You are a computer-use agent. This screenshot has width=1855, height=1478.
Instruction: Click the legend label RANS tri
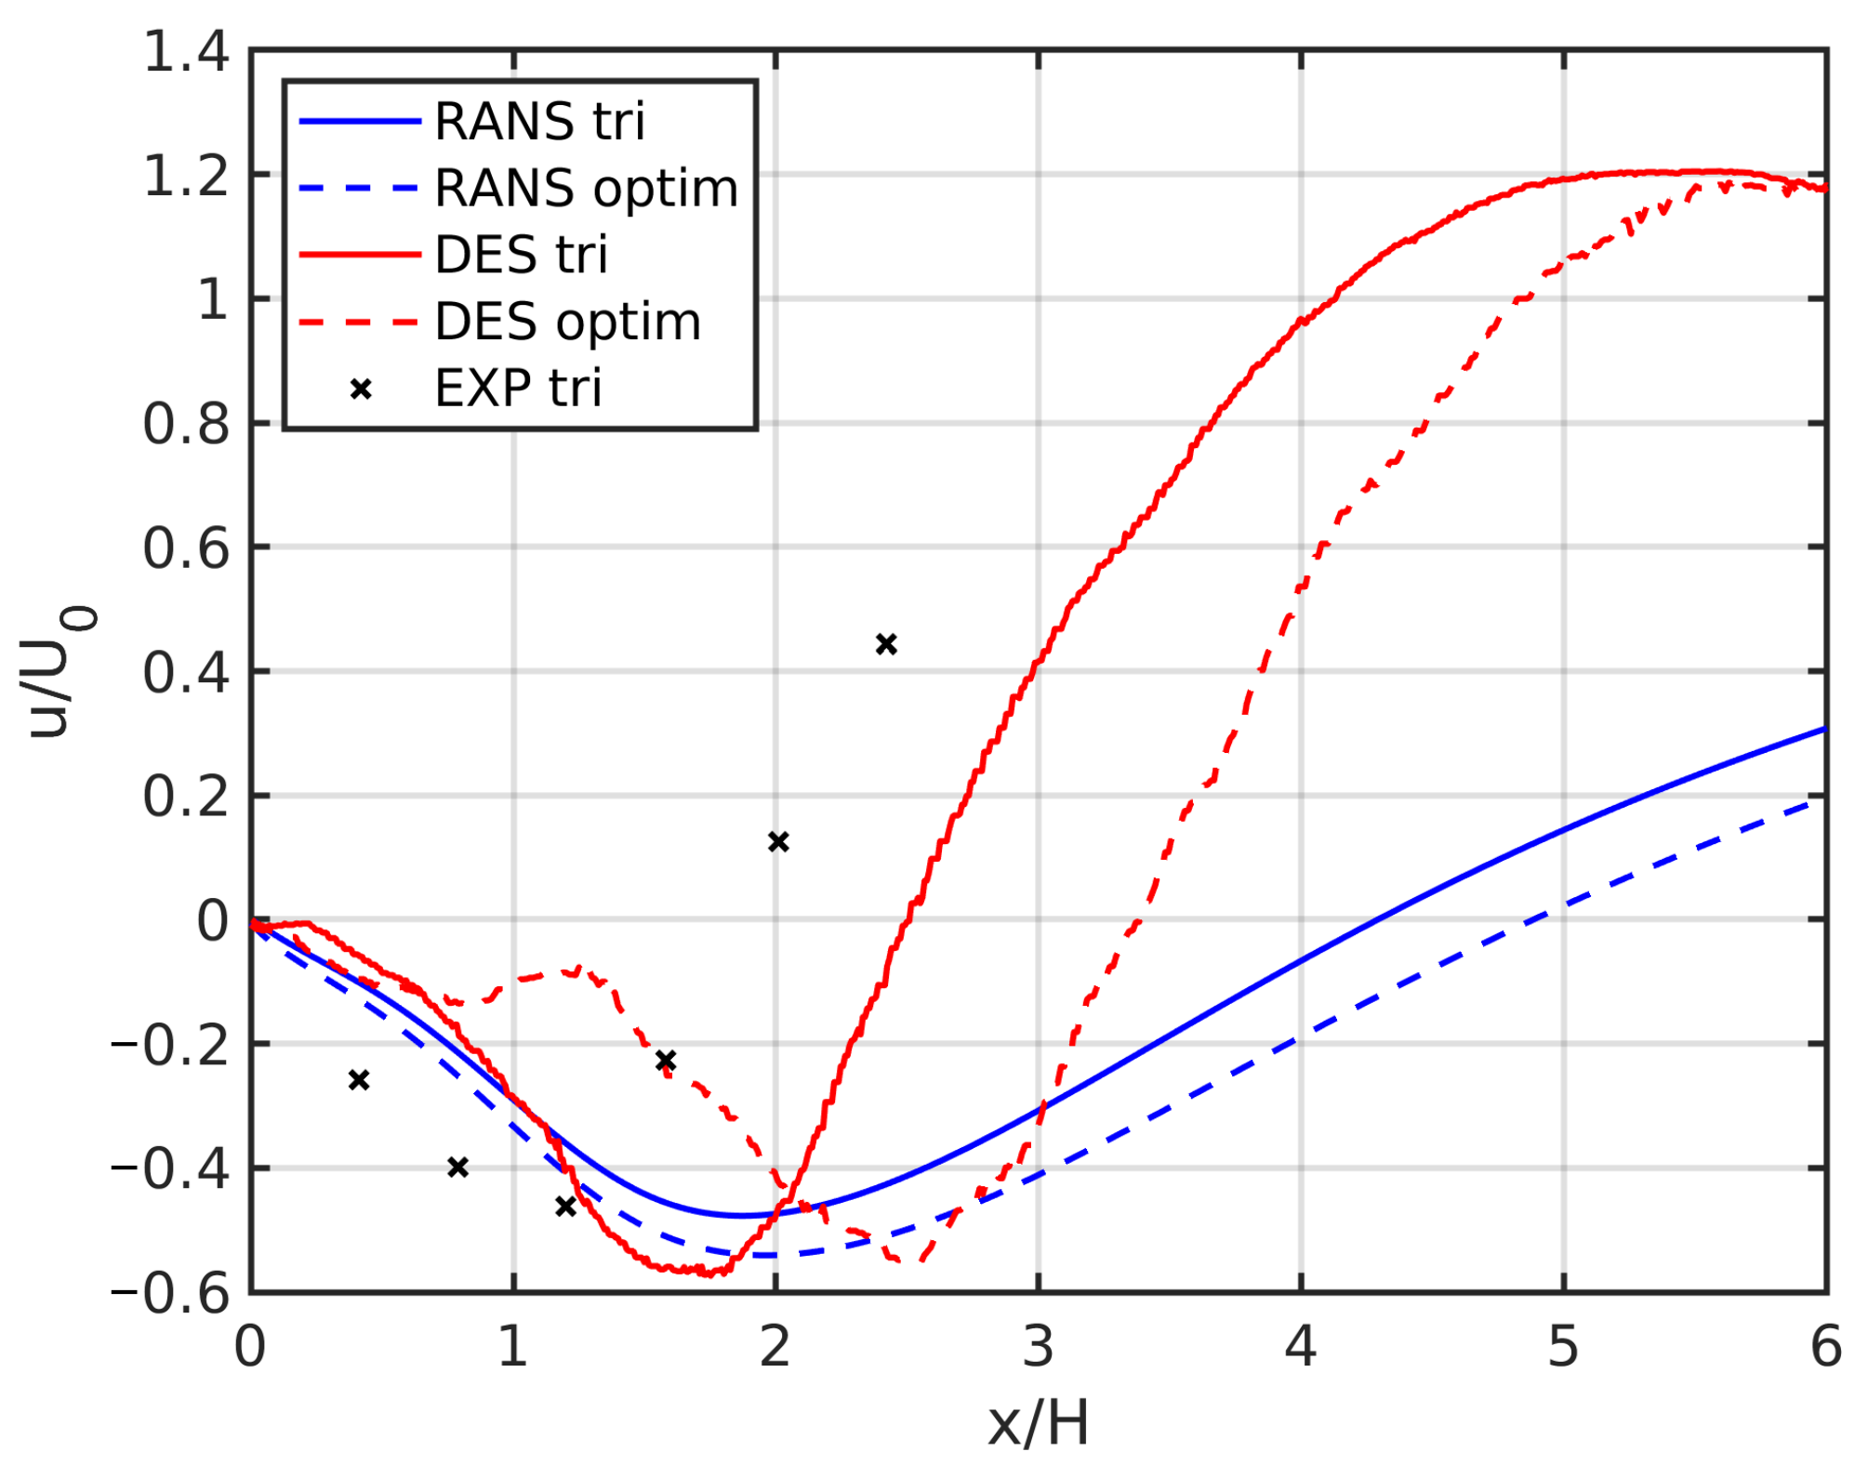point(538,122)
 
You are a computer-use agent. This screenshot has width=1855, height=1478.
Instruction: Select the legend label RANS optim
point(586,189)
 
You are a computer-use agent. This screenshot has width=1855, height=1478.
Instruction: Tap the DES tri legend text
point(521,255)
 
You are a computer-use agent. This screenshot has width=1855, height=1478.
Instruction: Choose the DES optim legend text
point(567,322)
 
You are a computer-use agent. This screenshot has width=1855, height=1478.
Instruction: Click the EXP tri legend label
point(518,388)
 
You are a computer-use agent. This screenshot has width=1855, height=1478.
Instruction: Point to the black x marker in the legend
point(361,389)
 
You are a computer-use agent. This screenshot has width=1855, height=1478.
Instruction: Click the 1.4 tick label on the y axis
point(185,51)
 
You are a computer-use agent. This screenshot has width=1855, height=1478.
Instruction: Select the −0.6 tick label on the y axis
point(170,1293)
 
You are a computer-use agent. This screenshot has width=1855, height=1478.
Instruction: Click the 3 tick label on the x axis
point(1038,1347)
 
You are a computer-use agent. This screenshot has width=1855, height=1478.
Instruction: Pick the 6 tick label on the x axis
point(1825,1347)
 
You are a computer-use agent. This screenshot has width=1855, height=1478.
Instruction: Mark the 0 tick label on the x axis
point(250,1347)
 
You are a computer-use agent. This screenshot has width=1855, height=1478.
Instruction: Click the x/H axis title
point(1038,1423)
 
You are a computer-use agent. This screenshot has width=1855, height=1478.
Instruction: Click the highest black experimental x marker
point(886,644)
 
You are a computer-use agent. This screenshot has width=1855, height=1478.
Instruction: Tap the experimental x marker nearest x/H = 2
point(778,841)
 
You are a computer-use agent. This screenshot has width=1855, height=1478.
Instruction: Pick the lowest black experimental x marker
point(565,1207)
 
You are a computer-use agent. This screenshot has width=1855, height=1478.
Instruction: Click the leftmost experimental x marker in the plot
point(359,1079)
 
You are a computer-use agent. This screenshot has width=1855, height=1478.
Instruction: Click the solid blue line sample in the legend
point(361,122)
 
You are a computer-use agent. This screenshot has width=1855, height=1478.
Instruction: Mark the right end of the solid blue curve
point(1824,730)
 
